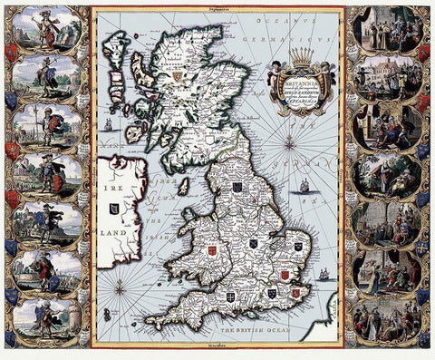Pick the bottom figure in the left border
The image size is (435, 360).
coord(43,318)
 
